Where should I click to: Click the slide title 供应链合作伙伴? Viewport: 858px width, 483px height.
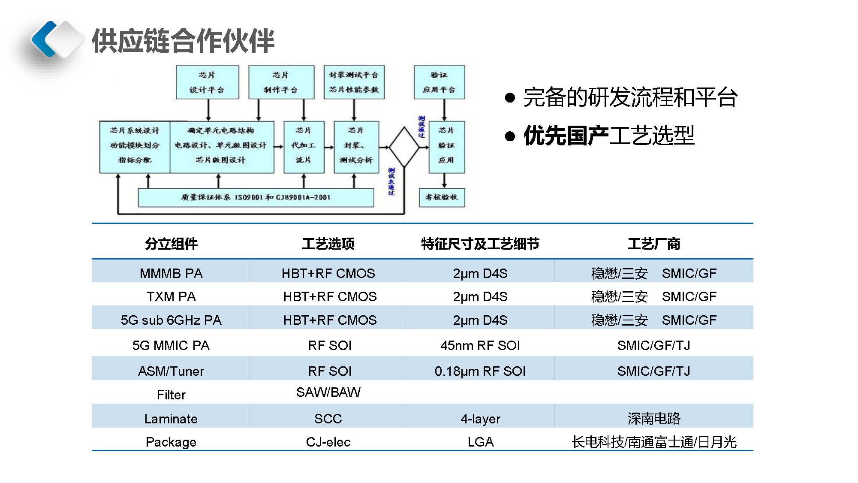tap(183, 41)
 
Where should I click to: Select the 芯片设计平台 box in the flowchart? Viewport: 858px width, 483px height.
tap(207, 82)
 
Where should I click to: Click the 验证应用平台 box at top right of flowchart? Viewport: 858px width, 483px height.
tap(439, 82)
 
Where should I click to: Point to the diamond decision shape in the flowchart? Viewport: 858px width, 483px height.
tap(404, 147)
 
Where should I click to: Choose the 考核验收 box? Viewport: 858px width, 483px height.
tap(442, 197)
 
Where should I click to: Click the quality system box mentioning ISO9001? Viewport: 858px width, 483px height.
tap(256, 197)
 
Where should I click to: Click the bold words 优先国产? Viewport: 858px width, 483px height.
tap(566, 136)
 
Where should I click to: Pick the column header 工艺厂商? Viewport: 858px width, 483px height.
tap(653, 244)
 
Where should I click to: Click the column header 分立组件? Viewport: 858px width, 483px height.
tap(171, 244)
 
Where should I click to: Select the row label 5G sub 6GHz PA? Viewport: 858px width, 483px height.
tap(171, 320)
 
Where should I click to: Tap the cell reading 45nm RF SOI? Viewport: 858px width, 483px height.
tap(480, 345)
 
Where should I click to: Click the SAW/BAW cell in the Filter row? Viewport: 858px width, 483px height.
tap(328, 392)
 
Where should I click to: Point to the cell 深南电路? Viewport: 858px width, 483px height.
tap(653, 418)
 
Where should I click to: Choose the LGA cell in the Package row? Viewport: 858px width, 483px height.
tap(480, 442)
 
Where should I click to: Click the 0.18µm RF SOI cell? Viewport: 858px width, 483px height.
tap(480, 371)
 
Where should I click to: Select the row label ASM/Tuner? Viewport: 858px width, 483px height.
tap(171, 371)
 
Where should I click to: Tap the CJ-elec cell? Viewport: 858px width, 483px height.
tap(328, 442)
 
